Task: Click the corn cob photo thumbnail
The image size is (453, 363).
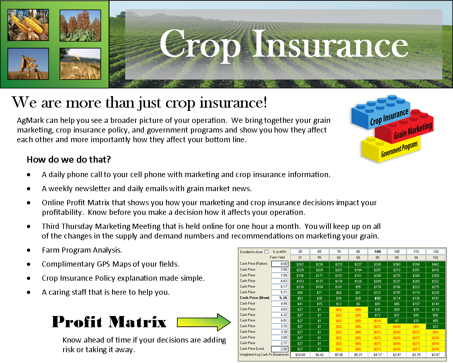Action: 28,25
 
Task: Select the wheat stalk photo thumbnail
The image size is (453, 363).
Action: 80,64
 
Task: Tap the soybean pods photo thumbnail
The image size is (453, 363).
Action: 28,64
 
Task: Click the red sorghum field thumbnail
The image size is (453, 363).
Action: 80,25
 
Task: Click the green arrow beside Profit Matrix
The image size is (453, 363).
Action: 205,322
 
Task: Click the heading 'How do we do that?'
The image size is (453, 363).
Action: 69,159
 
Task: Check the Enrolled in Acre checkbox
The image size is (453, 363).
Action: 266,251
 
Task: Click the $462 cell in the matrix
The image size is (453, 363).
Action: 435,264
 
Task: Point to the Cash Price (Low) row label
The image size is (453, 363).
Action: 252,349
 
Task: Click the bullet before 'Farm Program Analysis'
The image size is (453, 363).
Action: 29,251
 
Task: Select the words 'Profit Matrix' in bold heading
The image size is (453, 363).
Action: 109,322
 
